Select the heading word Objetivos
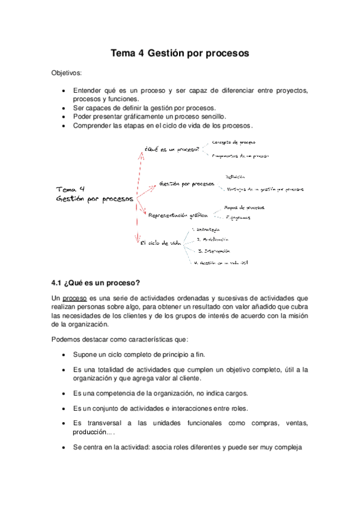(69, 73)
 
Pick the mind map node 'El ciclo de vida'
(160, 243)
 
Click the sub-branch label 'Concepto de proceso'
(234, 143)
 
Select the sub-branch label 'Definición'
(235, 177)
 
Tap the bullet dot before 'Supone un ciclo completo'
(64, 355)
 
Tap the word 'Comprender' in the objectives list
(91, 126)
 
